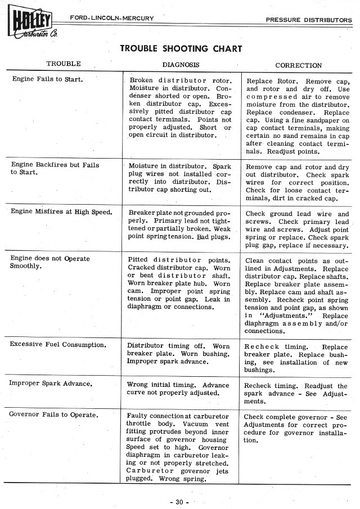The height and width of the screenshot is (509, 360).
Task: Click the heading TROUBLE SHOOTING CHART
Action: pyautogui.click(x=181, y=48)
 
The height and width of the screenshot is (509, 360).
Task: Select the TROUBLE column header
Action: pyautogui.click(x=63, y=64)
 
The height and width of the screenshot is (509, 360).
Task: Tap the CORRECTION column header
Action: pyautogui.click(x=299, y=65)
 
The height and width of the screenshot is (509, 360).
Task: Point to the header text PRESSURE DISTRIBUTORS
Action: pyautogui.click(x=308, y=20)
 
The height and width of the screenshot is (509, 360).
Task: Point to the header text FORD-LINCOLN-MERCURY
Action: pyautogui.click(x=111, y=19)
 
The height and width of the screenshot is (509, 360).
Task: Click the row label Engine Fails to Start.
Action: pyautogui.click(x=48, y=79)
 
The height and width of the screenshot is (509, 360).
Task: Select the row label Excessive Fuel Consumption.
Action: pyautogui.click(x=58, y=344)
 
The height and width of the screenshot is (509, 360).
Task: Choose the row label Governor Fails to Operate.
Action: pyautogui.click(x=54, y=415)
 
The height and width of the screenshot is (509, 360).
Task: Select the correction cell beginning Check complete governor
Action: pyautogui.click(x=296, y=429)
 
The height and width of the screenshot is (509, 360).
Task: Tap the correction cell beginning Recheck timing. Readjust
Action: pyautogui.click(x=296, y=394)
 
